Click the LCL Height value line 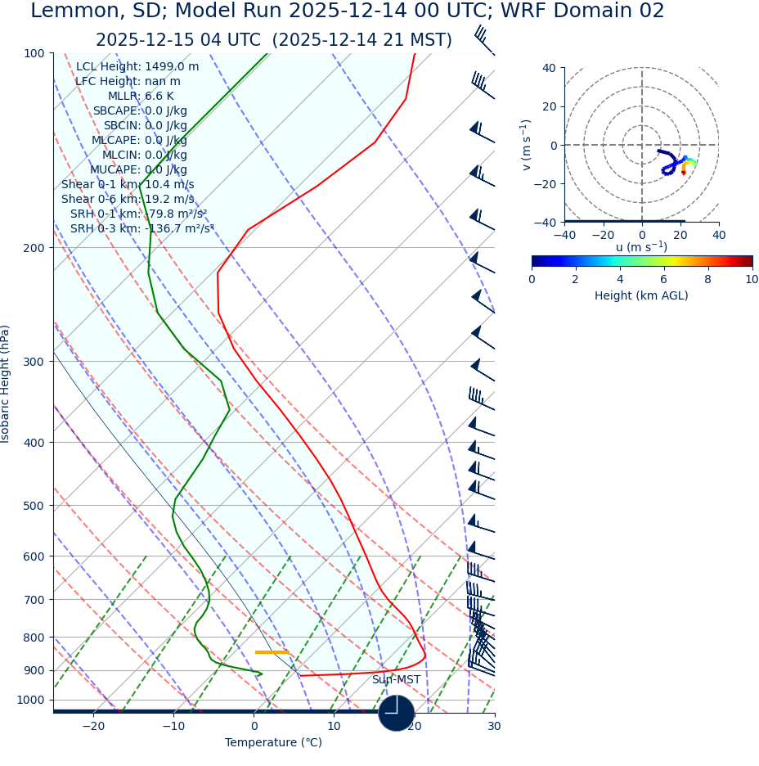tap(137, 67)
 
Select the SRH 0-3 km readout tap(142, 229)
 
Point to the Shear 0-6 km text tap(128, 200)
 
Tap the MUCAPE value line tap(138, 170)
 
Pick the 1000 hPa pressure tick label tap(30, 701)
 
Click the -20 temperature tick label tap(93, 727)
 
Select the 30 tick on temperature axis tap(494, 727)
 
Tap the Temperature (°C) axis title tap(273, 743)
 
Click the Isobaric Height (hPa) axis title tap(6, 384)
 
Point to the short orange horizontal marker tap(272, 652)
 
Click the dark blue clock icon tap(396, 713)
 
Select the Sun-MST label tap(396, 680)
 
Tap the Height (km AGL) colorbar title tap(641, 296)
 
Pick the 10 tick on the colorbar tap(752, 280)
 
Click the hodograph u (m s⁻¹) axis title tap(641, 247)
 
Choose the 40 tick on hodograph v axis tap(549, 69)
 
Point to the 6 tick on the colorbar tap(664, 280)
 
